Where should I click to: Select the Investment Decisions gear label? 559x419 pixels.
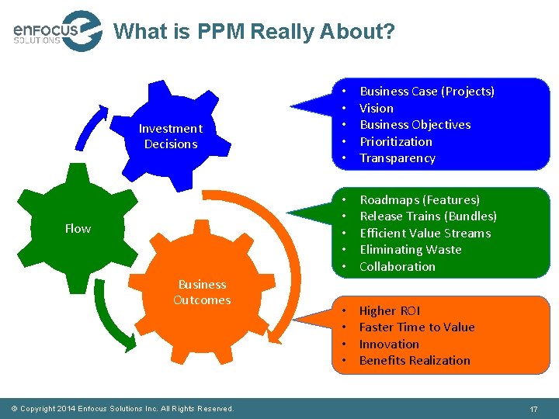tap(170, 137)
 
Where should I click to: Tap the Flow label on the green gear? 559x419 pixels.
tap(78, 229)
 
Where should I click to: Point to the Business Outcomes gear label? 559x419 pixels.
tap(202, 293)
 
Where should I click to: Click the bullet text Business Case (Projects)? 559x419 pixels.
tap(427, 92)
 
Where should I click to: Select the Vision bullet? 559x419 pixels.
tap(377, 109)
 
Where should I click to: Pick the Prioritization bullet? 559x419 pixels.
tap(396, 142)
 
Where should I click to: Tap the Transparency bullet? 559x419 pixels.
tap(398, 158)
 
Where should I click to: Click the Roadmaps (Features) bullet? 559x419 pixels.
tap(420, 200)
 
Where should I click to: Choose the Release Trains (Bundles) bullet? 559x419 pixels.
tap(428, 216)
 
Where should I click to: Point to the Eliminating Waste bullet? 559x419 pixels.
tap(411, 250)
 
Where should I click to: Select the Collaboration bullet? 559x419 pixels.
tap(398, 267)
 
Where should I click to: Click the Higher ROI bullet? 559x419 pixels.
tap(390, 311)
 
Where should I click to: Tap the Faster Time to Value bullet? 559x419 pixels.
tap(417, 327)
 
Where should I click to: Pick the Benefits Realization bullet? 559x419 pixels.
tap(415, 361)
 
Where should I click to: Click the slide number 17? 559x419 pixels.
tap(533, 408)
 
